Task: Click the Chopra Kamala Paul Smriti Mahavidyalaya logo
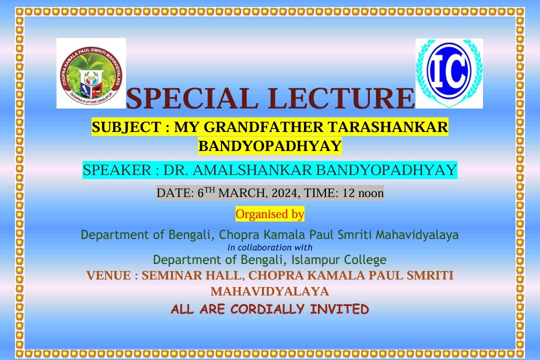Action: pos(91,73)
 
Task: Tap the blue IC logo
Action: pos(449,73)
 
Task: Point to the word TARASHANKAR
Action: pos(387,127)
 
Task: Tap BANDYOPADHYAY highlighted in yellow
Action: pos(270,146)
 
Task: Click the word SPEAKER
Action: pos(117,170)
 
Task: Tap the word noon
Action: pos(371,193)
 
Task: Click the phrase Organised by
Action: pos(270,214)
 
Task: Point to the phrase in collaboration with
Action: pos(270,247)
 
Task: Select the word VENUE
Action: pos(108,275)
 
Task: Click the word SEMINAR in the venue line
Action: pos(166,275)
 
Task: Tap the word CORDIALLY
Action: pos(267,309)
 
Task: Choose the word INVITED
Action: pos(339,309)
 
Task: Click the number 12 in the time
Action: pos(348,193)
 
